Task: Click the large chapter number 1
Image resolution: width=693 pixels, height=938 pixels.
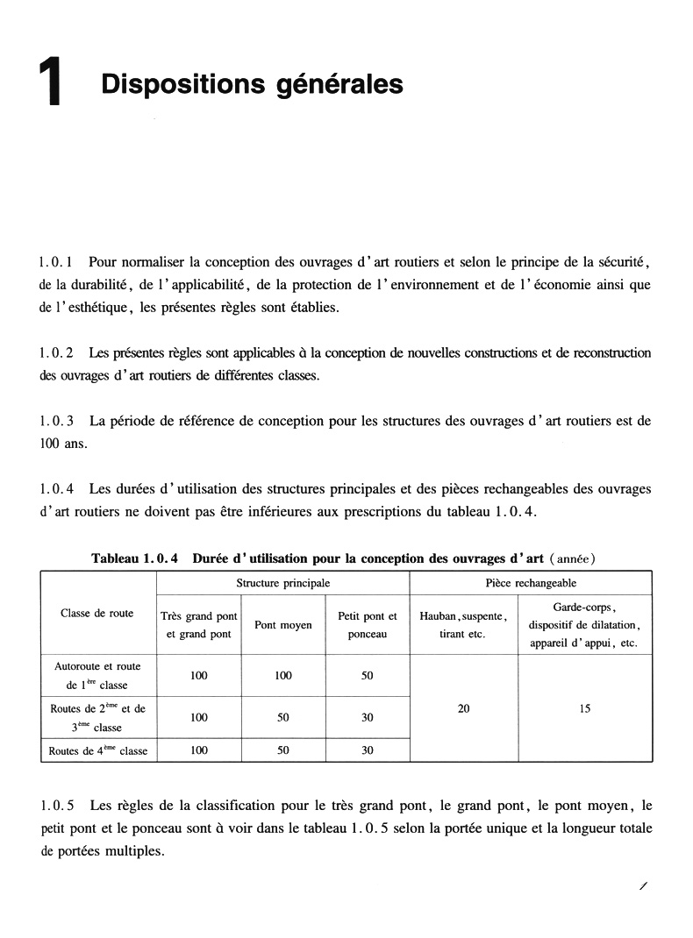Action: pyautogui.click(x=53, y=84)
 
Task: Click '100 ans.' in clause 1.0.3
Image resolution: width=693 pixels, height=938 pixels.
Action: pyautogui.click(x=64, y=444)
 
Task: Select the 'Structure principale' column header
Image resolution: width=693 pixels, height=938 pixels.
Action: pyautogui.click(x=282, y=583)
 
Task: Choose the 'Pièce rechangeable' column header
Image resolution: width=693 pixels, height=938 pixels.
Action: pyautogui.click(x=531, y=583)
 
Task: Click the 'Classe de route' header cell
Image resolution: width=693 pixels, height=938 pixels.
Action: pyautogui.click(x=97, y=614)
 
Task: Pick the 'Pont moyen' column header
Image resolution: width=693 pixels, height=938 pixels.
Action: pyautogui.click(x=282, y=625)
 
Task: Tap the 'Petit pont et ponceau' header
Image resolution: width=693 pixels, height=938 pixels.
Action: pyautogui.click(x=367, y=625)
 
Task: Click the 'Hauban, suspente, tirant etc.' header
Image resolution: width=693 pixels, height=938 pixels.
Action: pyautogui.click(x=463, y=625)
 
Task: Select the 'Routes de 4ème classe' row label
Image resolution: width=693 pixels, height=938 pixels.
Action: pyautogui.click(x=97, y=751)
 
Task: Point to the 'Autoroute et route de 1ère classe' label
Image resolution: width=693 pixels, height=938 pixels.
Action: pyautogui.click(x=97, y=676)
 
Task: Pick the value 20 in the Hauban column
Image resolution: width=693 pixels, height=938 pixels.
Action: pyautogui.click(x=463, y=709)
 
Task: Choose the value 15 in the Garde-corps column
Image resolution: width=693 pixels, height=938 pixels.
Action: pyautogui.click(x=584, y=709)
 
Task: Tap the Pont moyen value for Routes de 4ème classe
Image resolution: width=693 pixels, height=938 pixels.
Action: pyautogui.click(x=282, y=751)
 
